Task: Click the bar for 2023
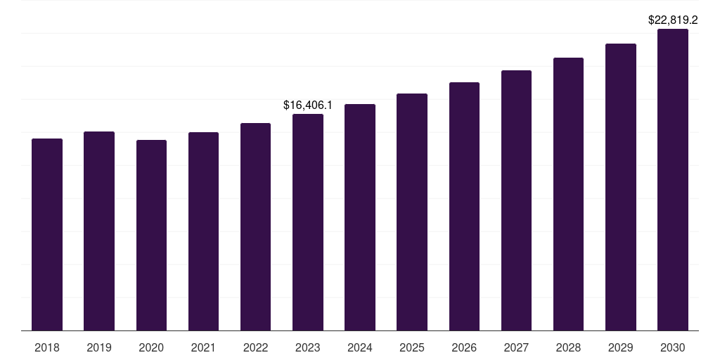pos(307,222)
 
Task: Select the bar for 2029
pos(620,187)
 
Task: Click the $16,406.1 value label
pos(307,105)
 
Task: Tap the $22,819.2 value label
pos(672,20)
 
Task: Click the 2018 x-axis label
pos(47,347)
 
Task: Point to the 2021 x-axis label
pos(203,347)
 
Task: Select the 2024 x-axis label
pos(360,347)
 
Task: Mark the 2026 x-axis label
pos(464,347)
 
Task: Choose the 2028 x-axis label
pos(568,347)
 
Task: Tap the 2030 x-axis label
pos(672,347)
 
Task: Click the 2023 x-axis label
pos(307,347)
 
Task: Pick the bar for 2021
pos(203,231)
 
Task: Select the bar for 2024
pos(360,217)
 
